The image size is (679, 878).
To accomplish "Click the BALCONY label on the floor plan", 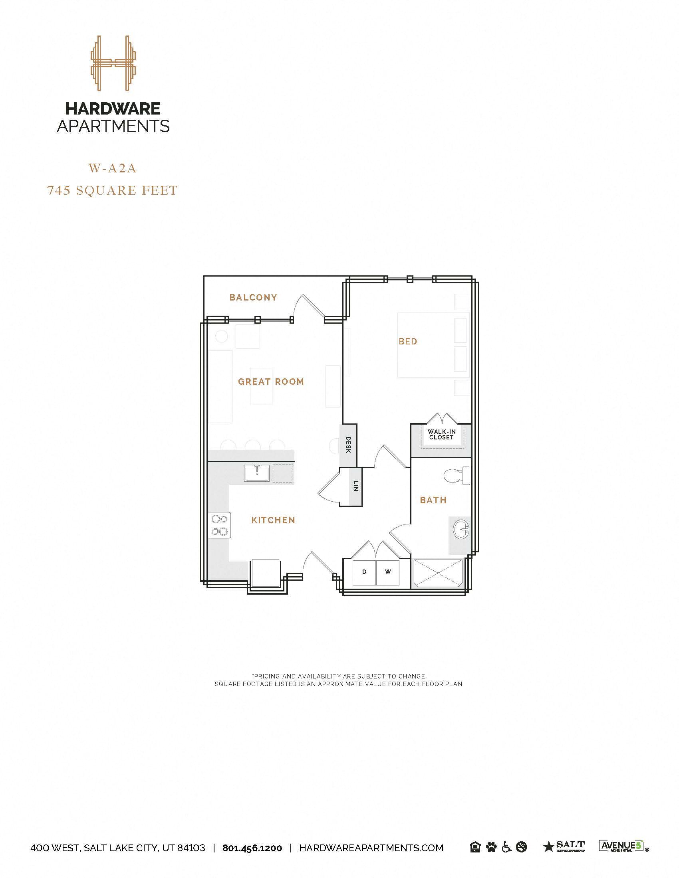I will point(253,297).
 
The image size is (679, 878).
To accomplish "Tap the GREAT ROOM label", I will point(271,382).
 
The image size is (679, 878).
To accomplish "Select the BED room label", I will point(408,341).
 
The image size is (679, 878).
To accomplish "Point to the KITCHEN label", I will point(273,520).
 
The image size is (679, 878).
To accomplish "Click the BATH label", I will point(433,500).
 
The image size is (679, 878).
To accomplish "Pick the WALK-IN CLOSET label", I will point(441,435).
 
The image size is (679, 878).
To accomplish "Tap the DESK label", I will point(348,445).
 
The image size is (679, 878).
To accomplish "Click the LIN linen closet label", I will point(355,487).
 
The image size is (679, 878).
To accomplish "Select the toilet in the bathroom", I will point(457,476).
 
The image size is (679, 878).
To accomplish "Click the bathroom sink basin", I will point(461,530).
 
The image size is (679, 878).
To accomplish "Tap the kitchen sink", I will point(257,473).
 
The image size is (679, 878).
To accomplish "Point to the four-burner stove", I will point(220,526).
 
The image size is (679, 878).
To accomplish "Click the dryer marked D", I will point(364,572).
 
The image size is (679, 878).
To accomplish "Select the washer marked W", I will point(388,572).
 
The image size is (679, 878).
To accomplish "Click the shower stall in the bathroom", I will point(438,573).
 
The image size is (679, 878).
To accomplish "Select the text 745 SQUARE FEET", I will point(112,190).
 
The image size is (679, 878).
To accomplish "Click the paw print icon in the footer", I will point(491,847).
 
